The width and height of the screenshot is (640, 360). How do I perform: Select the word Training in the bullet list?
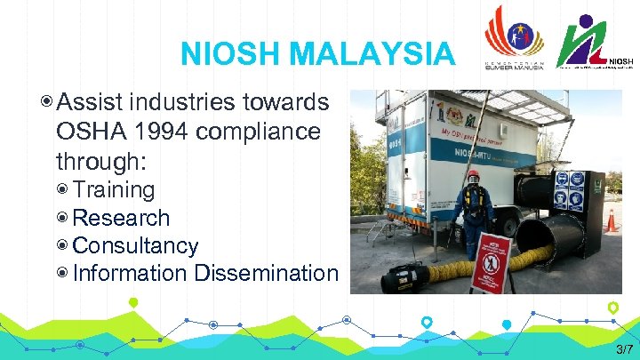tap(114, 190)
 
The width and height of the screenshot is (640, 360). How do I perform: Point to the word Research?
tap(121, 218)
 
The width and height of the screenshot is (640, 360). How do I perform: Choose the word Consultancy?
tap(136, 245)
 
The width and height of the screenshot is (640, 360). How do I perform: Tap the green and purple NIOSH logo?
tap(594, 40)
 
